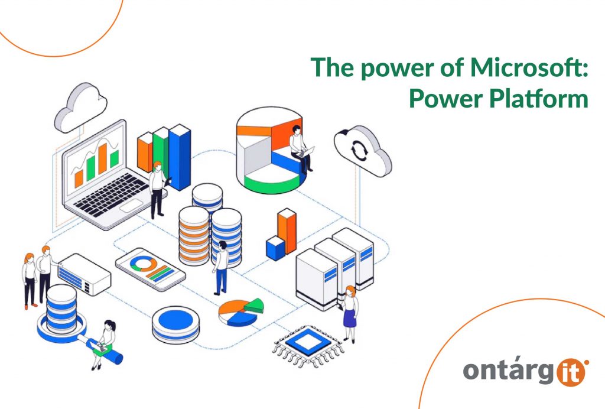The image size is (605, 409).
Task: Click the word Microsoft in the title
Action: pos(528,69)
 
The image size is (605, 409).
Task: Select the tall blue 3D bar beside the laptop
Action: pos(179,156)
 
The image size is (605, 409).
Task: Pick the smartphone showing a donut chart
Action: pos(150,268)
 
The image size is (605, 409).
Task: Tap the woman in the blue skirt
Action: pos(350,312)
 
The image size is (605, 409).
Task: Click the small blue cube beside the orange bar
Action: pos(275,247)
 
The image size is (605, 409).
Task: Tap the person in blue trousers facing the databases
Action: pos(221,266)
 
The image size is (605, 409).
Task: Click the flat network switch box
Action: pos(84,272)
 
